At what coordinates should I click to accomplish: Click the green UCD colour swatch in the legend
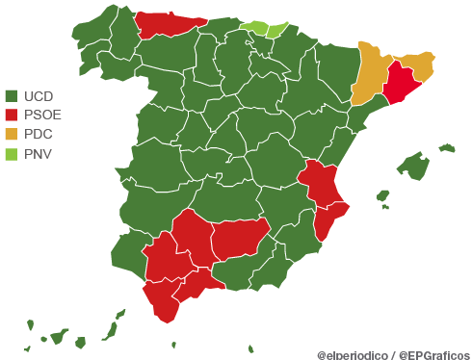coord(13,96)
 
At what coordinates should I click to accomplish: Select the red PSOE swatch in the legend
coord(13,115)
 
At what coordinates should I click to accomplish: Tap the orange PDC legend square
coord(13,134)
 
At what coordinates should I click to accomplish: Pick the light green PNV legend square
coord(13,152)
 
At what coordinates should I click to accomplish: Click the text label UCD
coord(38,96)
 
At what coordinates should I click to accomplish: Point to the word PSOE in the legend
coord(42,115)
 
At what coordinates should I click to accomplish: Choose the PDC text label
coord(38,134)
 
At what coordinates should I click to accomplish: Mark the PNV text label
coord(38,152)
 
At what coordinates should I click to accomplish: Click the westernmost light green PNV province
coord(255,27)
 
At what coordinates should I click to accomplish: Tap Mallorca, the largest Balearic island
coord(414,167)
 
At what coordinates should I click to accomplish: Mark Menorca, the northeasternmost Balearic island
coord(446,148)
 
